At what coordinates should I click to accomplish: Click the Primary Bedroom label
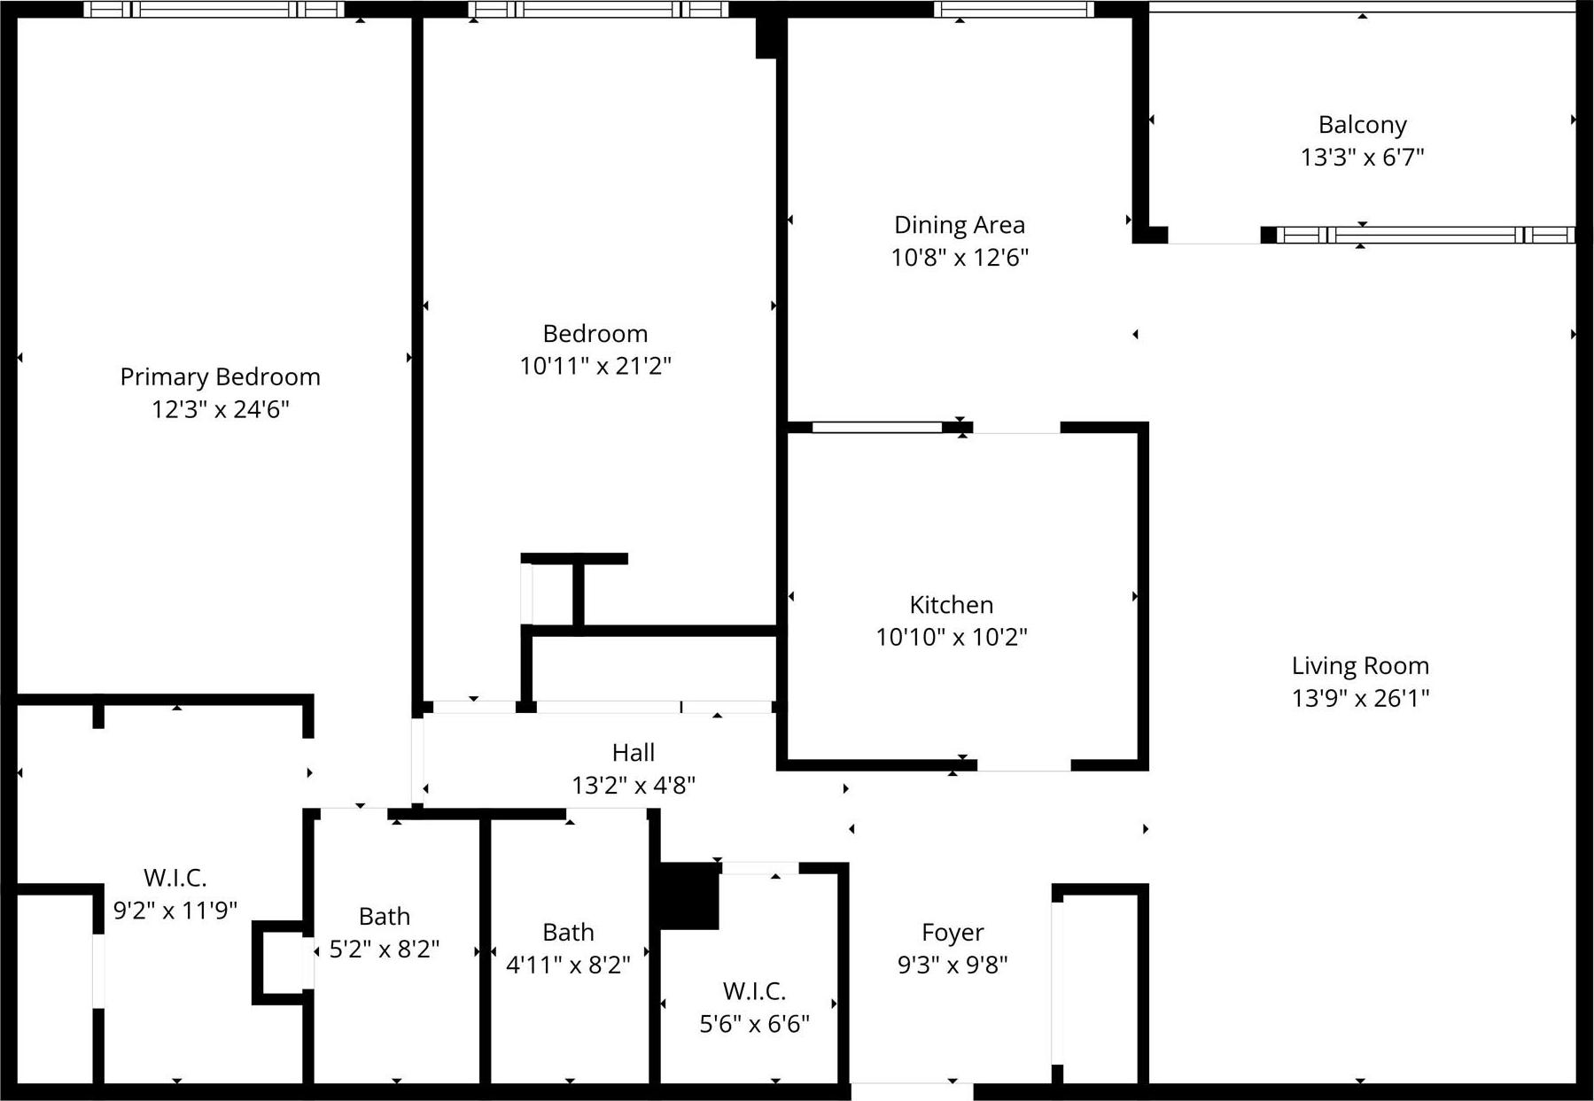coord(220,377)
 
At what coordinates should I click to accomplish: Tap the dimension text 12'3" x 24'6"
coord(220,409)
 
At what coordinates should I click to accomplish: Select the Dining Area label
coord(959,225)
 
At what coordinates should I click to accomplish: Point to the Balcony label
coord(1362,125)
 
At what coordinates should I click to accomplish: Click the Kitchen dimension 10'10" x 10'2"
coord(951,637)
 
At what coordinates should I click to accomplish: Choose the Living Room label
coord(1359,666)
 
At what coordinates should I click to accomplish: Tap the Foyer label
coord(952,932)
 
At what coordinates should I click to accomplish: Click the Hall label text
coord(633,753)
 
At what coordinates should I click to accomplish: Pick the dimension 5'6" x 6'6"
coord(754,1024)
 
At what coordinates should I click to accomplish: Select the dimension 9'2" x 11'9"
coord(175,910)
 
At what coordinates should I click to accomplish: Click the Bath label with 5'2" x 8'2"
coord(384,916)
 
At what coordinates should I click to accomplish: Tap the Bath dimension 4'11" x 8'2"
coord(567,964)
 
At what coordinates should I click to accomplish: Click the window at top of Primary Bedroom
coord(214,10)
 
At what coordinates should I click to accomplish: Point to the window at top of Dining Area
coord(1014,10)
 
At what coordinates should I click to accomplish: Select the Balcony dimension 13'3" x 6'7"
coord(1362,157)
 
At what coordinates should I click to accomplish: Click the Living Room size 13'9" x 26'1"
coord(1359,698)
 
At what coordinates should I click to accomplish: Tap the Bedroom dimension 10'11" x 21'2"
coord(595,366)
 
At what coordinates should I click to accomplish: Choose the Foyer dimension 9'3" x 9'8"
coord(952,964)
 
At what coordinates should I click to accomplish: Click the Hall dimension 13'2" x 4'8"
coord(633,785)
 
